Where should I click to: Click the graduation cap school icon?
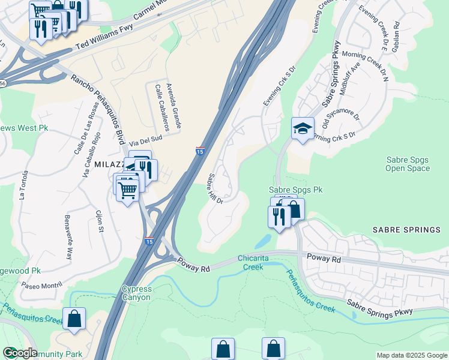click(303, 128)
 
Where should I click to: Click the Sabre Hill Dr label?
click(215, 188)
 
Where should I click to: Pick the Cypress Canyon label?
click(137, 293)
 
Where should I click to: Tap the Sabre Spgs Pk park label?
click(295, 190)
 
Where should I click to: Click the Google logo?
click(20, 353)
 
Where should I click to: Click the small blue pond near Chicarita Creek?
click(262, 241)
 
